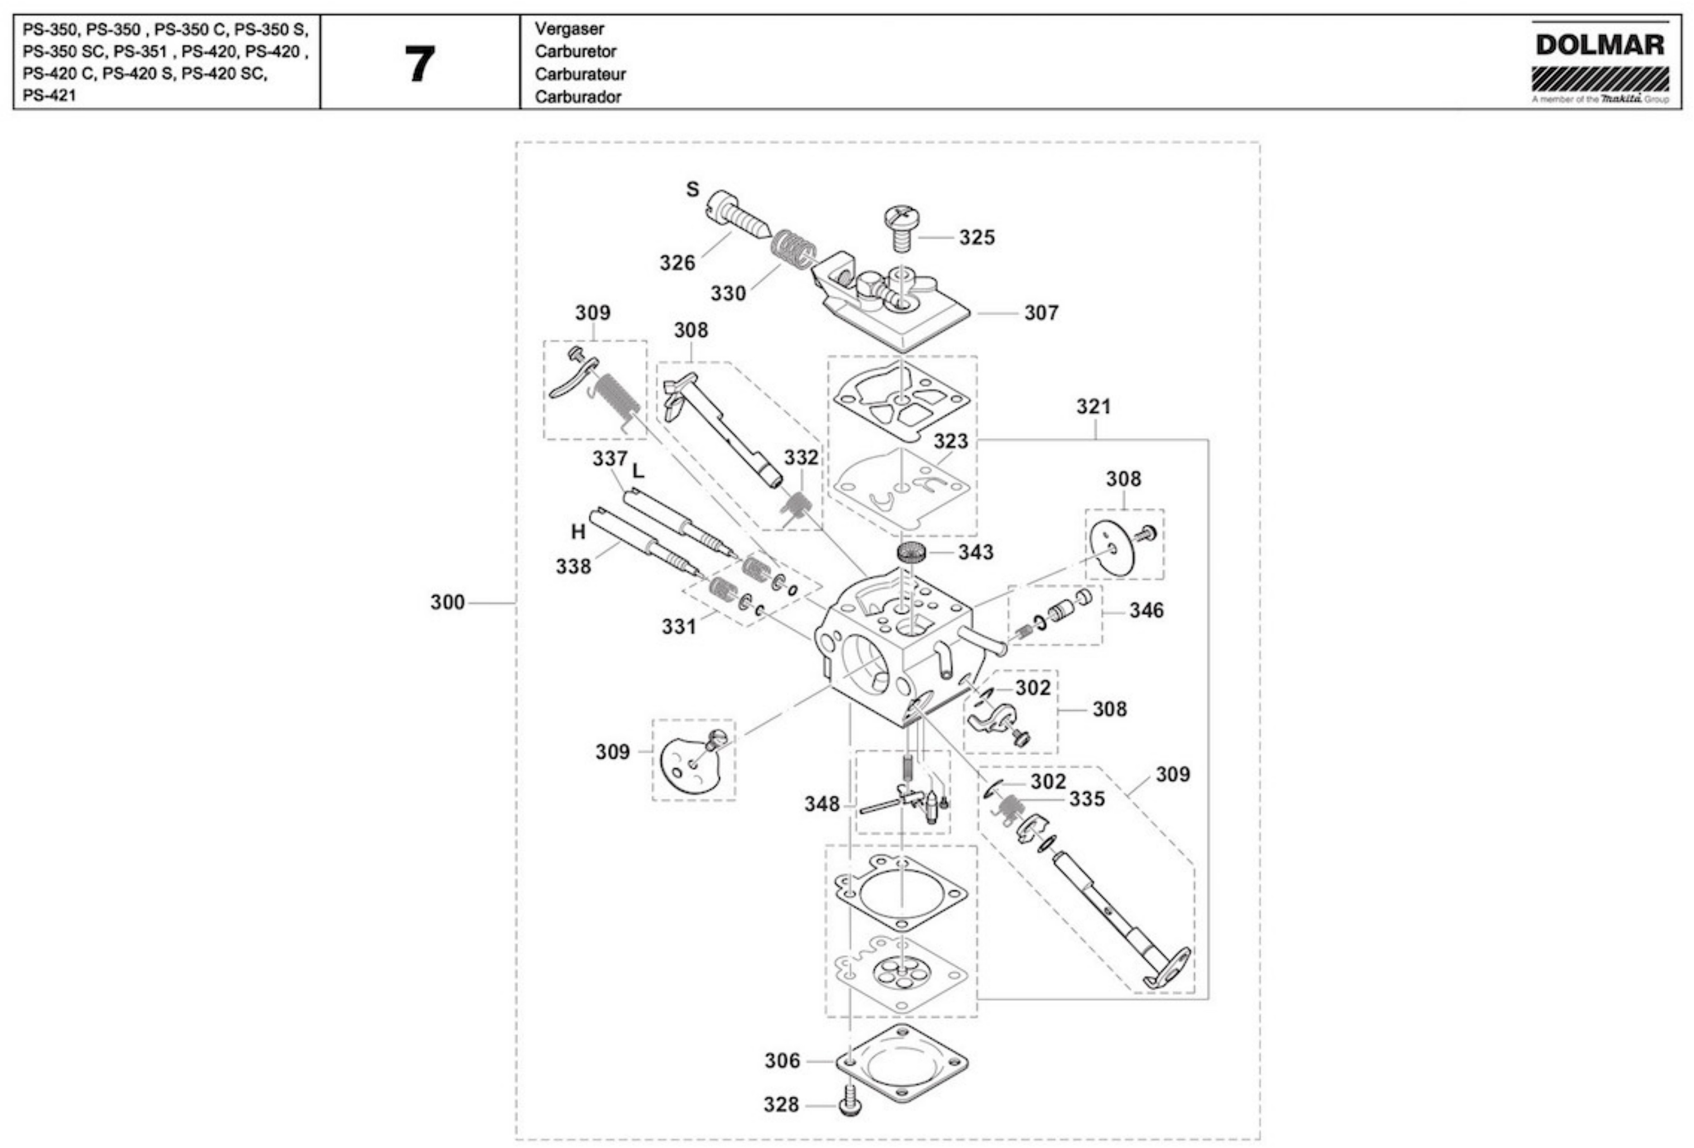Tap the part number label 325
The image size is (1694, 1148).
point(976,238)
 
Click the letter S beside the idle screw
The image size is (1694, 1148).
point(692,189)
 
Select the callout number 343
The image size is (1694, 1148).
point(975,552)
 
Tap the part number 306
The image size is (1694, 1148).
point(782,1060)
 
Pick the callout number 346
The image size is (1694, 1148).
point(1147,611)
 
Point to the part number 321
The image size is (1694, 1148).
point(1093,406)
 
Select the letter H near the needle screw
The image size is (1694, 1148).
point(578,533)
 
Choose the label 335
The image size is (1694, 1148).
point(1087,800)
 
